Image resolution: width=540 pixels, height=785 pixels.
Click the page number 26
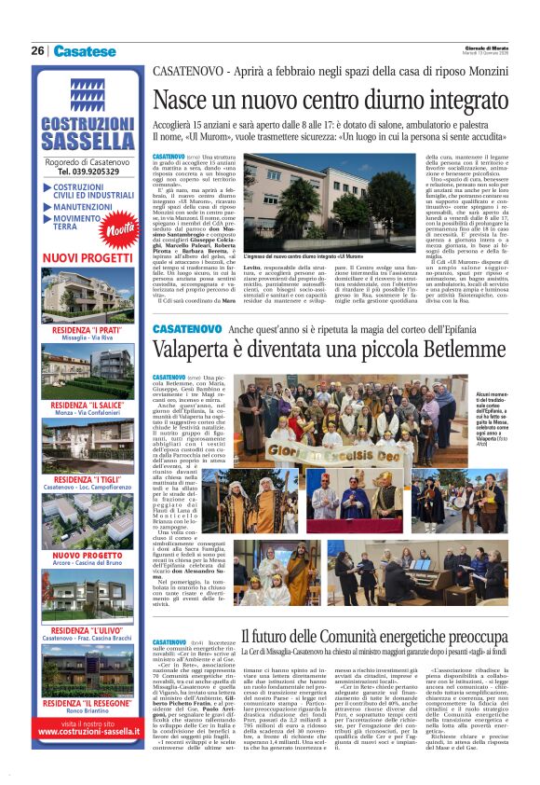tap(37, 50)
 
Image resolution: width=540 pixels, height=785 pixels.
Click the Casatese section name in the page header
tap(85, 50)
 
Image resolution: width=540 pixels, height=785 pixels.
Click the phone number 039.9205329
tap(88, 172)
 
